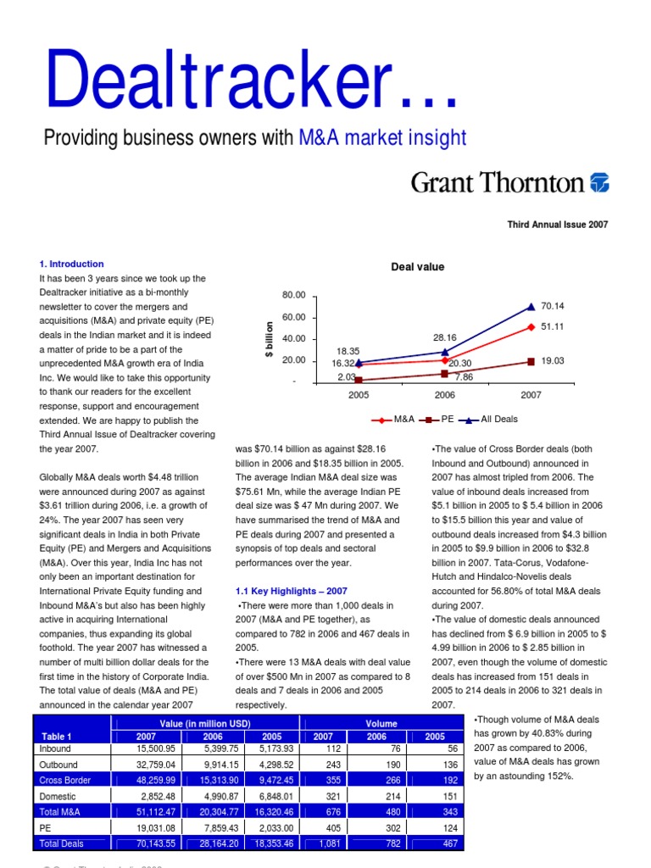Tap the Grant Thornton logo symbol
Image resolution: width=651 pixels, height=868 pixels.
tap(599, 182)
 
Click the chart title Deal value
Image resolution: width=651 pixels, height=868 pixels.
tap(418, 267)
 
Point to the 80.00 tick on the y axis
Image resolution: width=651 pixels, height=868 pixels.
tap(293, 295)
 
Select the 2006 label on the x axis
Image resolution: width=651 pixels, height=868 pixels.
tap(445, 395)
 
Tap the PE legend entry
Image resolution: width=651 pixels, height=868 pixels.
tap(438, 419)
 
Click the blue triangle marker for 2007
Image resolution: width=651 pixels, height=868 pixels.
tap(531, 307)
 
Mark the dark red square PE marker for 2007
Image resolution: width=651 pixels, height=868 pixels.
tap(531, 362)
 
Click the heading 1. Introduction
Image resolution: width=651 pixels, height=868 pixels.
tap(72, 264)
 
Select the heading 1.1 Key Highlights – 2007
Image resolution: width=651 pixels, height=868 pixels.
tap(291, 591)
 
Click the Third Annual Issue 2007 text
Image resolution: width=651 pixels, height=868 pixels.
tap(558, 225)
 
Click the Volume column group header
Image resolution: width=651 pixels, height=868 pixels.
tap(381, 723)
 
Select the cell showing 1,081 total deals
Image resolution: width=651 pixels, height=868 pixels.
tap(320, 844)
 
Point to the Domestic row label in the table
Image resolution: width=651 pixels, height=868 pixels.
tap(58, 797)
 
